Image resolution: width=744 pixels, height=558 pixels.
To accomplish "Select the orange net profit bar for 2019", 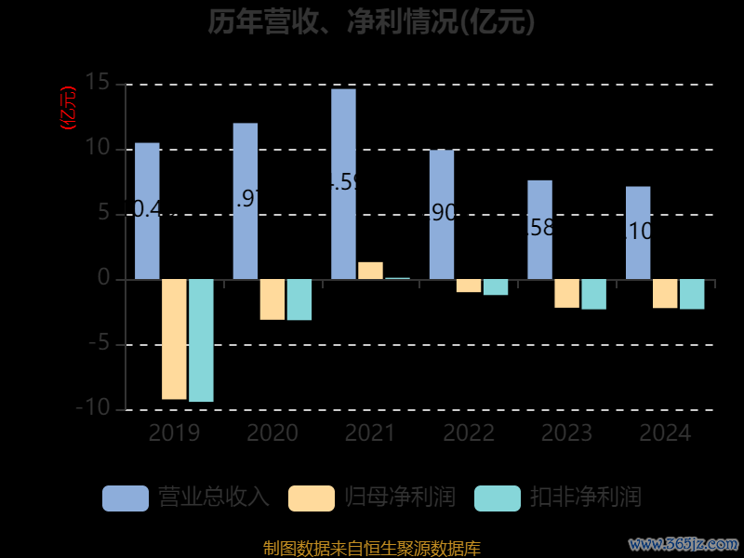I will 174,339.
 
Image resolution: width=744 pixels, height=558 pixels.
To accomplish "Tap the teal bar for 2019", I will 201,340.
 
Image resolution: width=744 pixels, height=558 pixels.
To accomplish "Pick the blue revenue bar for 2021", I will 343,183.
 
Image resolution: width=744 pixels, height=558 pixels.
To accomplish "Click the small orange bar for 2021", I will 370,271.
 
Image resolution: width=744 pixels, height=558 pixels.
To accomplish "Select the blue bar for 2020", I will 246,201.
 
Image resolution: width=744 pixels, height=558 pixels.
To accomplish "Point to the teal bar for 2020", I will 299,299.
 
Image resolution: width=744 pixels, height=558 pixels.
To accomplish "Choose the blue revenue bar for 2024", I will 638,232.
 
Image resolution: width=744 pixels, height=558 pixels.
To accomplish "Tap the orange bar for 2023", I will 566,293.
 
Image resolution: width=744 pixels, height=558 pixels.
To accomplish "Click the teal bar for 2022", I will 496,287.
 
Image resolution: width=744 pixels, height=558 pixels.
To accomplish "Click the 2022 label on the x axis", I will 469,433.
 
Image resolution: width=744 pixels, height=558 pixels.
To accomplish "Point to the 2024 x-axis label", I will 665,433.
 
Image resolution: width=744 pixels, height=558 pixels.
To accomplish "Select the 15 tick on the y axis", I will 97,84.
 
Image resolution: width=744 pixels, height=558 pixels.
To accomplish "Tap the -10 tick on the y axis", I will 93,409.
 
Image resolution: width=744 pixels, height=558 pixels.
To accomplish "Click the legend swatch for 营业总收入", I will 126,498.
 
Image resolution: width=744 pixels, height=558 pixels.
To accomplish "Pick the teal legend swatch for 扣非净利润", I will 498,498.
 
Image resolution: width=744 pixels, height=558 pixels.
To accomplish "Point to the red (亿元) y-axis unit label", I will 68,108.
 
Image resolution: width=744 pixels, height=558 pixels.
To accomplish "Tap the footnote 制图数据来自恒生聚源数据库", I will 372,549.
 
